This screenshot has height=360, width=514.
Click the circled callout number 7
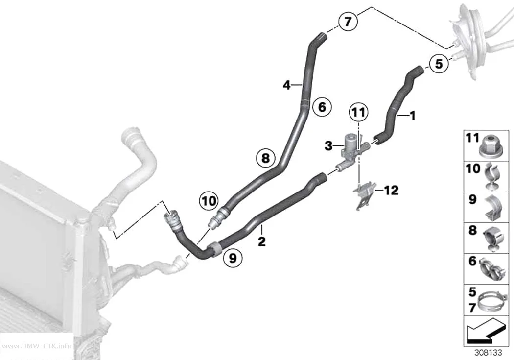(348, 22)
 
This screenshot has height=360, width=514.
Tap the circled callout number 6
(322, 107)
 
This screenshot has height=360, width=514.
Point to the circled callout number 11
(358, 113)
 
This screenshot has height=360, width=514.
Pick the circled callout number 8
(265, 158)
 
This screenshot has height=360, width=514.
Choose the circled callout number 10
(209, 201)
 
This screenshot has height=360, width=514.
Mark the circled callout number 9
(233, 258)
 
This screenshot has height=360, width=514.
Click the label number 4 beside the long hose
(287, 85)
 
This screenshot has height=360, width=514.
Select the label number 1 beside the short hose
(413, 116)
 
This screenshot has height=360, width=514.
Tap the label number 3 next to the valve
(328, 145)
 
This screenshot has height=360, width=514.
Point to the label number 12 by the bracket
(391, 190)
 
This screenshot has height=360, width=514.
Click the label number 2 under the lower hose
(261, 241)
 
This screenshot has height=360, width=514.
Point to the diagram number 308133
(489, 353)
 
